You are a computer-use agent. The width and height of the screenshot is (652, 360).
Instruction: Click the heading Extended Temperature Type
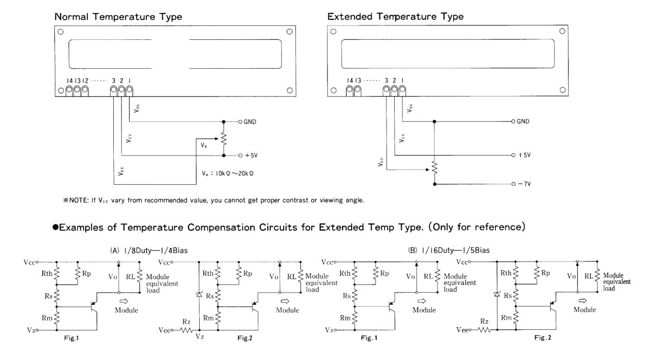click(x=395, y=17)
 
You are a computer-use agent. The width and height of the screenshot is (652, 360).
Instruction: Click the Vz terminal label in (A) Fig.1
click(x=30, y=330)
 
